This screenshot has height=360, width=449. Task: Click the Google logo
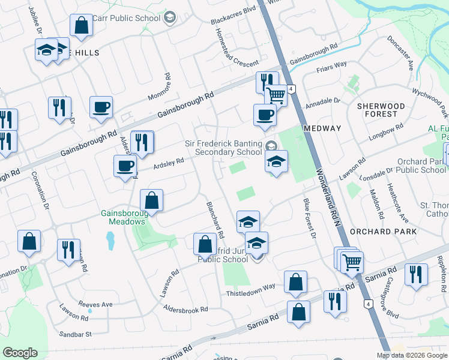pyautogui.click(x=20, y=353)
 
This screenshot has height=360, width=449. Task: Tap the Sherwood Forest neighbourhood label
pyautogui.click(x=377, y=110)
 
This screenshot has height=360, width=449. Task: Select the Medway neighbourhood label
pyautogui.click(x=322, y=128)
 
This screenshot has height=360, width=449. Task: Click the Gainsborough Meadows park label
pyautogui.click(x=123, y=217)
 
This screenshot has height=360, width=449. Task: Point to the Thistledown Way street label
pyautogui.click(x=250, y=286)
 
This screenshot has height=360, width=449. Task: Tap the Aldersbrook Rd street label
pyautogui.click(x=185, y=308)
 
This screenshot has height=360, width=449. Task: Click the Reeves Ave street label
pyautogui.click(x=94, y=304)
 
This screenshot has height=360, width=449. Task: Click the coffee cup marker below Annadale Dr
pyautogui.click(x=265, y=116)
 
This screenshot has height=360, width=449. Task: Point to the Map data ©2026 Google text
pyautogui.click(x=412, y=355)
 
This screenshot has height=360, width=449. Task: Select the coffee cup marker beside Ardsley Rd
pyautogui.click(x=125, y=166)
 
